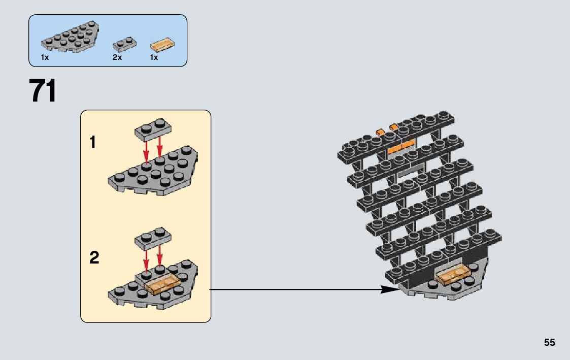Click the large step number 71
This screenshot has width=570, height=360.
click(x=43, y=91)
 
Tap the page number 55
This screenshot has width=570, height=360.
click(x=549, y=342)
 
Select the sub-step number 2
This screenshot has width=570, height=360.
click(x=94, y=258)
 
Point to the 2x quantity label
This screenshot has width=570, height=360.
click(x=117, y=58)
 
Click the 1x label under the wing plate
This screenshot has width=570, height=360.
click(x=45, y=58)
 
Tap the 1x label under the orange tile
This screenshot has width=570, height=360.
click(x=154, y=58)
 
